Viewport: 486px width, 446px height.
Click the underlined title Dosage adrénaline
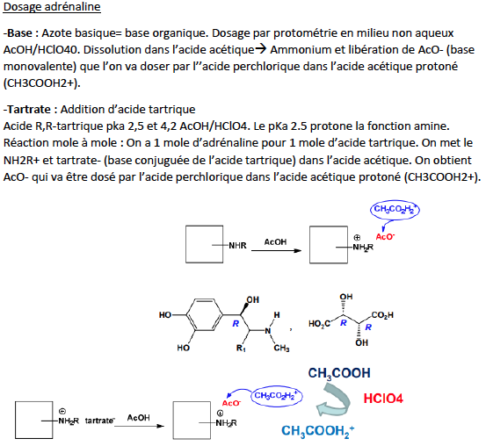[52, 7]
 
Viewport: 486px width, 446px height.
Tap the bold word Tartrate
[28, 110]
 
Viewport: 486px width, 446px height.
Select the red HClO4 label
[383, 399]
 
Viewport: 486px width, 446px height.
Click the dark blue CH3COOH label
[339, 373]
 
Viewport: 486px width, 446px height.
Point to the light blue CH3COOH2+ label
[317, 431]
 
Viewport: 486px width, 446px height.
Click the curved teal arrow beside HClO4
[334, 400]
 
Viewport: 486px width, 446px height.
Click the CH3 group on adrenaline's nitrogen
[281, 349]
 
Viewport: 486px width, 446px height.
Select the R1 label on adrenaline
[241, 349]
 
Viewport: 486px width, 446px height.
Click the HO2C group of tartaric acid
[319, 324]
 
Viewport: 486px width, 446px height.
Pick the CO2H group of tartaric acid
[382, 315]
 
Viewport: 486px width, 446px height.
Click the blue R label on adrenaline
[236, 324]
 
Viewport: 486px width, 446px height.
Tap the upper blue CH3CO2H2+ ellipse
[395, 210]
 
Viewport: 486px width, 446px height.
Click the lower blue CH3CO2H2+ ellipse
[276, 396]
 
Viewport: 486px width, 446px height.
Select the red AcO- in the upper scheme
[385, 237]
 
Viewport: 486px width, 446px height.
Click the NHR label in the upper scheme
[237, 246]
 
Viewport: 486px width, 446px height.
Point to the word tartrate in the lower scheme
[100, 421]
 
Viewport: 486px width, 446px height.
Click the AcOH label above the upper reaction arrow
[275, 242]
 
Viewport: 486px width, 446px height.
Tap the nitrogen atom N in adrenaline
[268, 331]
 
